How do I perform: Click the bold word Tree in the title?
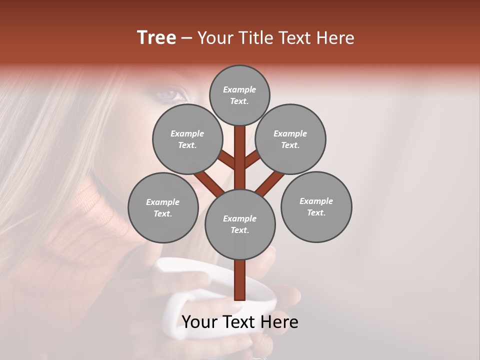156,37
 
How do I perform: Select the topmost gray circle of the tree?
239,95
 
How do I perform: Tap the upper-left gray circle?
187,139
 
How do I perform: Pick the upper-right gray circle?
290,139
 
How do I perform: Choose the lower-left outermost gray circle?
163,207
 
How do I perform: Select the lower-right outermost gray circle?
316,206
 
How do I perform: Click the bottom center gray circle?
240,224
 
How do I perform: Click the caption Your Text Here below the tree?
240,321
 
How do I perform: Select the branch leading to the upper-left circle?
227,160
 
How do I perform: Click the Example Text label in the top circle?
239,95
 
